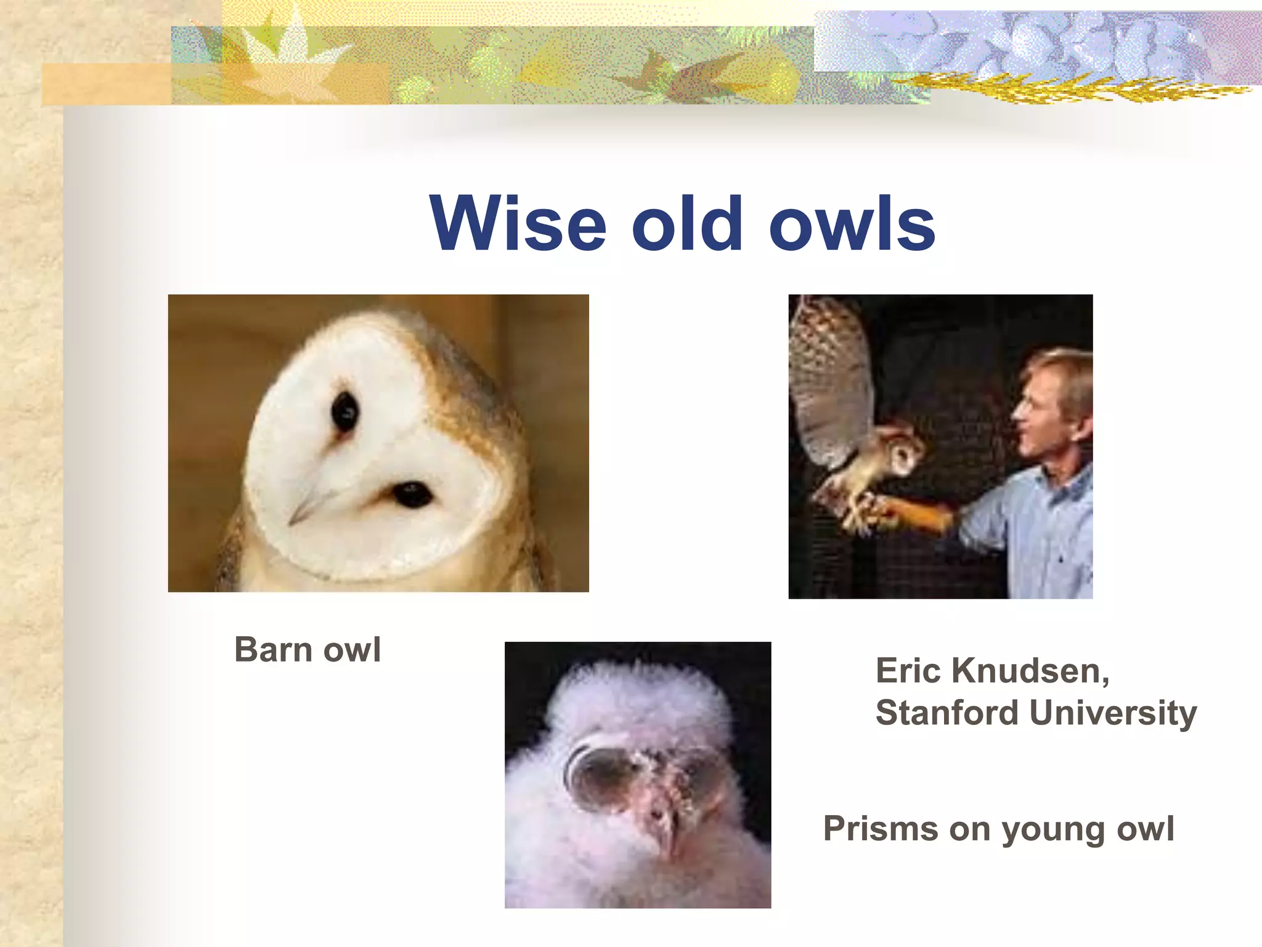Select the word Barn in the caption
pos(273,650)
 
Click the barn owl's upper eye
pos(344,411)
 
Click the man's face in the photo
pos(1041,413)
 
